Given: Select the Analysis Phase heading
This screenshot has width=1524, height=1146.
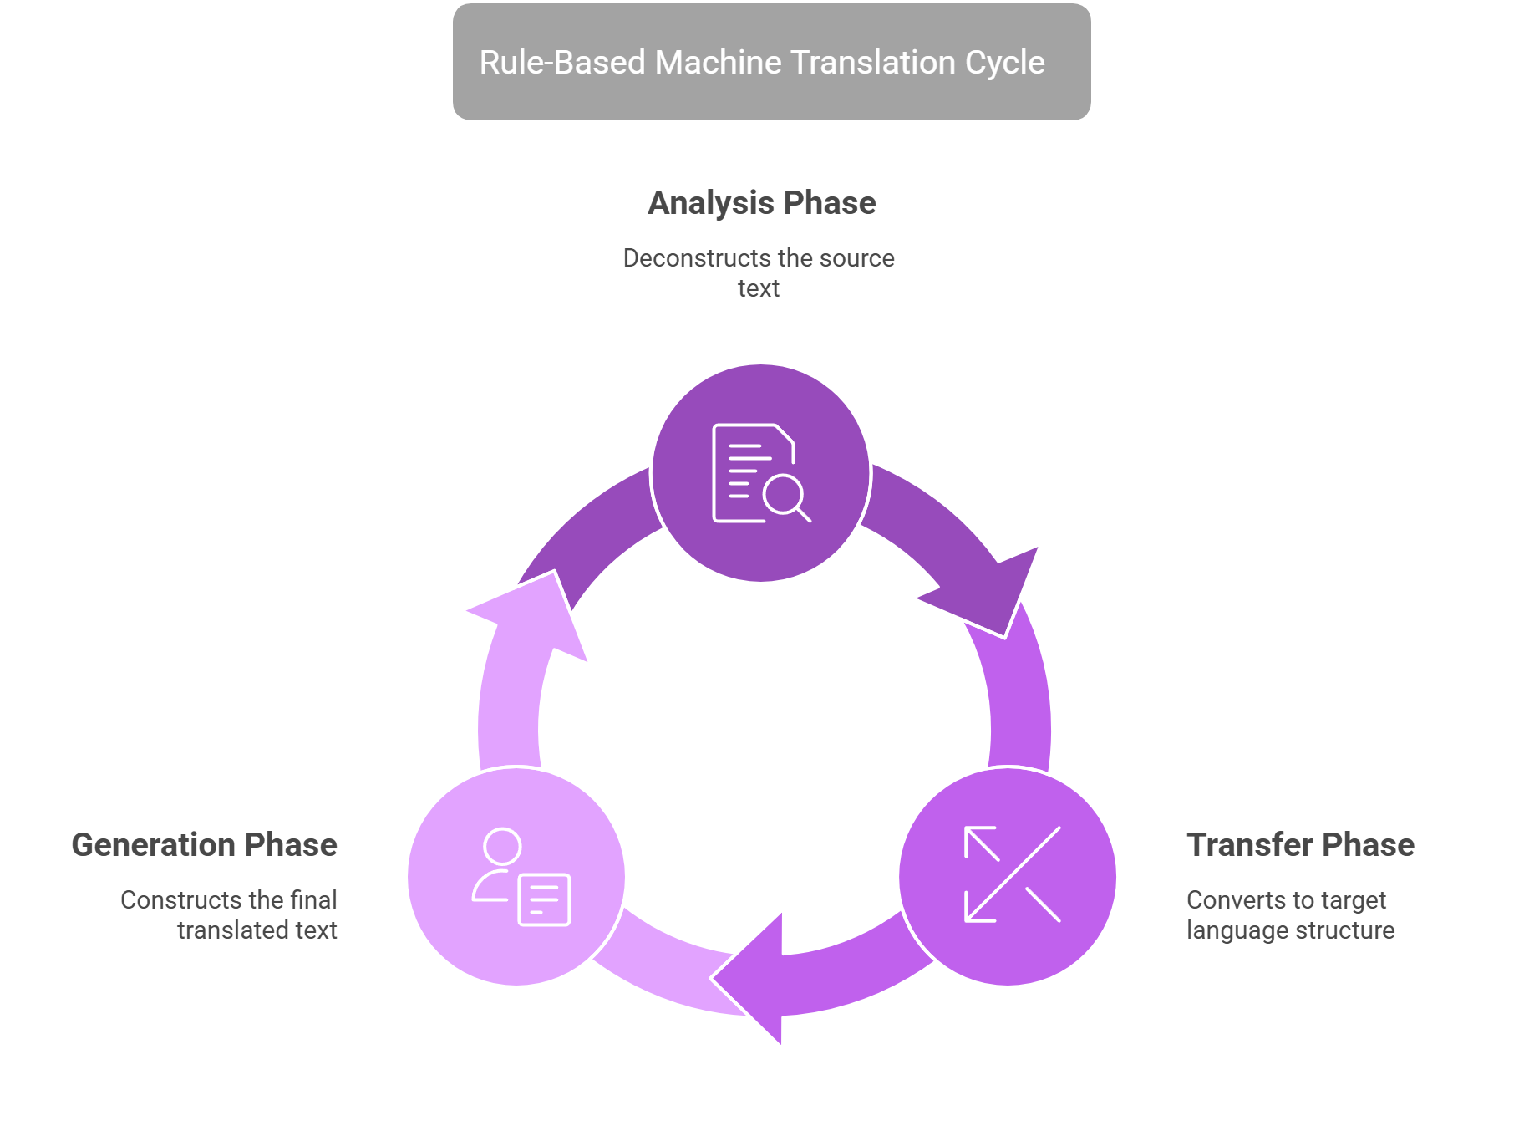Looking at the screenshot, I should pyautogui.click(x=761, y=203).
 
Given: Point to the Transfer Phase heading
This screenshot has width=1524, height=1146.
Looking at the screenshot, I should pyautogui.click(x=1300, y=845).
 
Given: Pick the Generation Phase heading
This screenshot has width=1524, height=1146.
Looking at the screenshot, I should pyautogui.click(x=205, y=845).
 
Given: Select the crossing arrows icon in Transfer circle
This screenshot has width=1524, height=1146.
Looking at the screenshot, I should pyautogui.click(x=1012, y=874).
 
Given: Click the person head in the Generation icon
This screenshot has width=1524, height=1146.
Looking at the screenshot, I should pyautogui.click(x=502, y=847).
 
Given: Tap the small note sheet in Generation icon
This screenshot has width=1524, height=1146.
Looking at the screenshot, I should pyautogui.click(x=544, y=900).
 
